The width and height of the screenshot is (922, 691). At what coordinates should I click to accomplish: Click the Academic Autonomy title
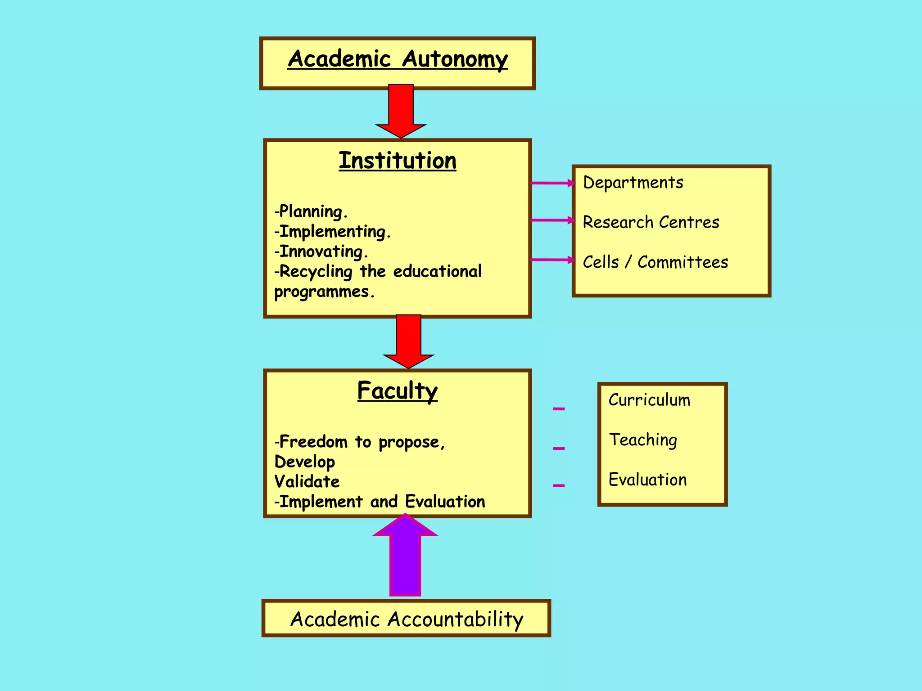(398, 59)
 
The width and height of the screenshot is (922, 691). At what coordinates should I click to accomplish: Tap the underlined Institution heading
(398, 161)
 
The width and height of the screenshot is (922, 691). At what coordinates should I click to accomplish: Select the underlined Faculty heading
(398, 390)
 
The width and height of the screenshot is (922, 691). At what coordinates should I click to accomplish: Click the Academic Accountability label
(407, 619)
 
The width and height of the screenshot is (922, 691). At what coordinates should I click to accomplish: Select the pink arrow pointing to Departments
(553, 183)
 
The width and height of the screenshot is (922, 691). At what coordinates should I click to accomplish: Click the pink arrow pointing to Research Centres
(553, 220)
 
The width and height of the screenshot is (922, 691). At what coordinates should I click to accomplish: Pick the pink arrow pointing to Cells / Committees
(553, 260)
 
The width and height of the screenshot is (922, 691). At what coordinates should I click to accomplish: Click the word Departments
(633, 183)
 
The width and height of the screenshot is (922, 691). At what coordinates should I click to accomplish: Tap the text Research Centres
(651, 222)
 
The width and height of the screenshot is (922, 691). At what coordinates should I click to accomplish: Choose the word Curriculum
(649, 400)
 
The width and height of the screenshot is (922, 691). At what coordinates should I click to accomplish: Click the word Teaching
(643, 440)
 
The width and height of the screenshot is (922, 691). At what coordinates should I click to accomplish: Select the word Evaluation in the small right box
(647, 480)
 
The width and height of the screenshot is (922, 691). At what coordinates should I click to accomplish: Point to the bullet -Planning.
(311, 211)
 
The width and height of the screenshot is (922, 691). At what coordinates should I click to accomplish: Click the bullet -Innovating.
(321, 251)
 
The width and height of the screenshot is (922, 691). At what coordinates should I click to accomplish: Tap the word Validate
(307, 482)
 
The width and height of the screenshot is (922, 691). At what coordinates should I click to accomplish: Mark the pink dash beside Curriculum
(559, 409)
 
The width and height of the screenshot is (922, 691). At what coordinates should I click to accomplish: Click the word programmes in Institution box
(324, 292)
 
